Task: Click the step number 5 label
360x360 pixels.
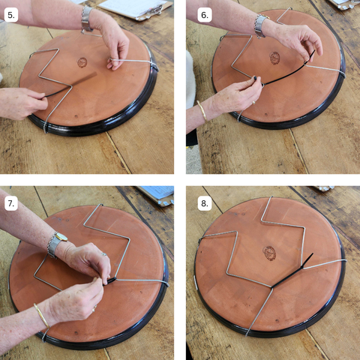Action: point(11,15)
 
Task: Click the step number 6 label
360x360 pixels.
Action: point(205,15)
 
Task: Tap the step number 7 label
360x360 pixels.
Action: point(11,203)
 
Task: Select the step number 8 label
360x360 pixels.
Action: point(205,203)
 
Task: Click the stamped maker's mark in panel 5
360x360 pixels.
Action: point(82,62)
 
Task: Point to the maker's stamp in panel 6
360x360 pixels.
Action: point(274,58)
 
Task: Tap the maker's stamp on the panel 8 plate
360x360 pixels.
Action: point(269,253)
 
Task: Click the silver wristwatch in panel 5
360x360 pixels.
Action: point(87,19)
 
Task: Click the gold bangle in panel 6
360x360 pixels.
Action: point(202,110)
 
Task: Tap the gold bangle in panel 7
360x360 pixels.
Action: point(42,315)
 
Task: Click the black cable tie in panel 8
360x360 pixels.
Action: point(292,271)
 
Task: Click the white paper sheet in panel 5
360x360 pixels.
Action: point(133,7)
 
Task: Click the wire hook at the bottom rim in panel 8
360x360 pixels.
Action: point(247,332)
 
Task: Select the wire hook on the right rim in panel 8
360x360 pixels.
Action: point(344,261)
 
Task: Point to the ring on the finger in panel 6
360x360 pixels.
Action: point(253,102)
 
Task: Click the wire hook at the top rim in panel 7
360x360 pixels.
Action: point(100,205)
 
